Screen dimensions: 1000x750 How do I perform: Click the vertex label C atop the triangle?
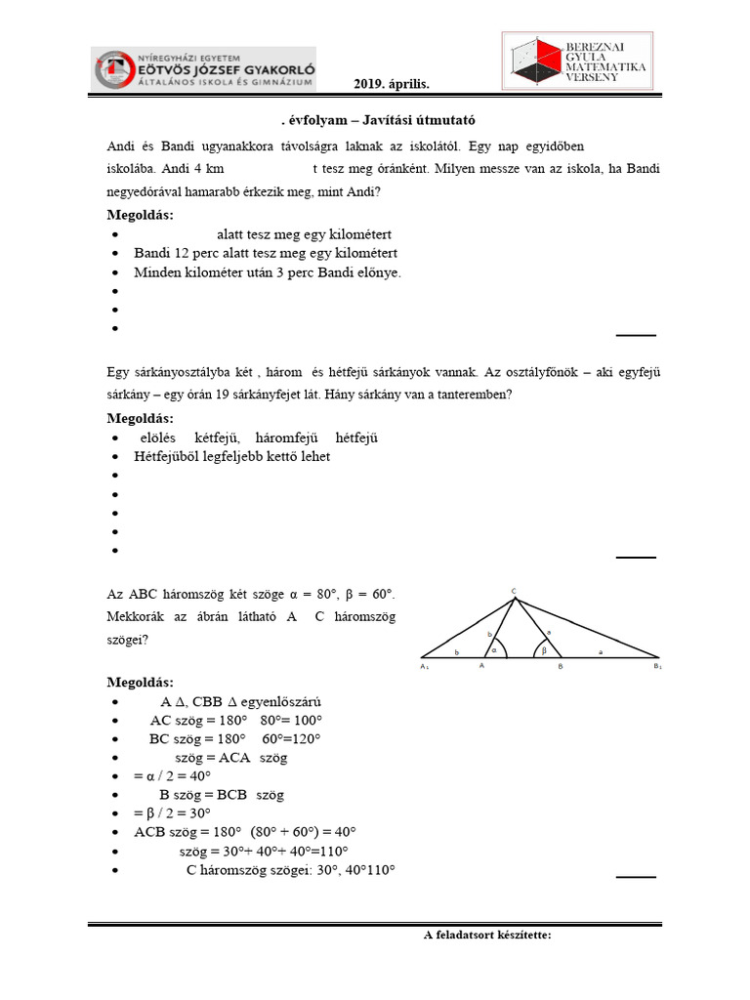[x=514, y=590]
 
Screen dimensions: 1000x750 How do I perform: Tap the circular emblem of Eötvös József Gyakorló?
[x=114, y=69]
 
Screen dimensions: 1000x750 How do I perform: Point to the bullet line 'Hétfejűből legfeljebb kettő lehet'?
[x=231, y=456]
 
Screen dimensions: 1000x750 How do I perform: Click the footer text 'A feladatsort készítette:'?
[x=487, y=936]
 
